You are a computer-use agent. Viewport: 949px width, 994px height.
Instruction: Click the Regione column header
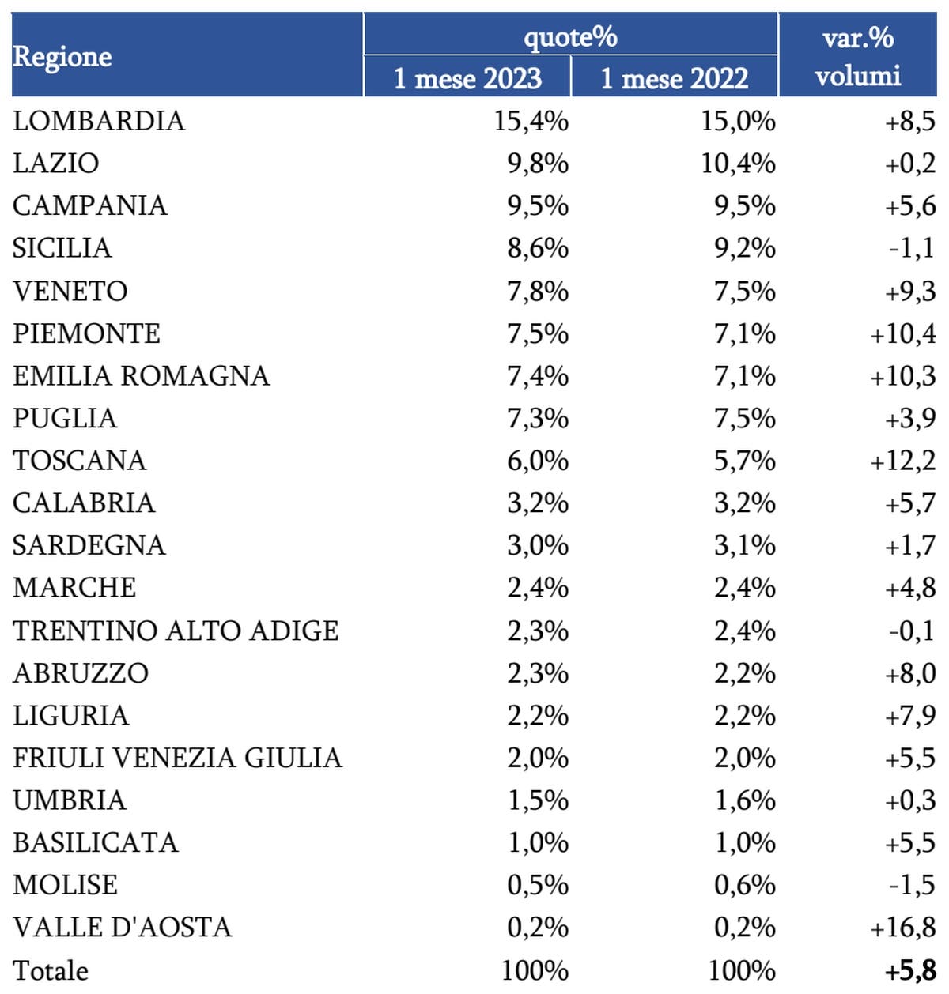[x=62, y=57]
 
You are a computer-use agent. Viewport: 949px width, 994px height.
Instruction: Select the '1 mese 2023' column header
[x=467, y=78]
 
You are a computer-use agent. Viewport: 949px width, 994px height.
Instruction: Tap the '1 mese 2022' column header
[x=675, y=78]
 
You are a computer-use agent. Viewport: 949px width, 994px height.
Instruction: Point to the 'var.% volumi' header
[x=858, y=56]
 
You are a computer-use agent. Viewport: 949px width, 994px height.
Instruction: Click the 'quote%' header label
[x=570, y=36]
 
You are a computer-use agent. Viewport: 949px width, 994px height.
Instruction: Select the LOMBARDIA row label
[x=99, y=121]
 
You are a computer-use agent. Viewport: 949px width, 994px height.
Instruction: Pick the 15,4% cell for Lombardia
[x=531, y=121]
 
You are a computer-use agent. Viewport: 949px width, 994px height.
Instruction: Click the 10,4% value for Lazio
[x=738, y=164]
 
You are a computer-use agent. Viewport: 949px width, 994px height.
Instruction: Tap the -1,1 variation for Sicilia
[x=911, y=248]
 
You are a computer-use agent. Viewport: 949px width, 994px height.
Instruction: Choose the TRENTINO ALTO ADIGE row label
[x=176, y=631]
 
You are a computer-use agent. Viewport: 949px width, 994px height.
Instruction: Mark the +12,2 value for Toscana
[x=902, y=461]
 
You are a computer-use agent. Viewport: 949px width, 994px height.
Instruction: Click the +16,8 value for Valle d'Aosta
[x=902, y=927]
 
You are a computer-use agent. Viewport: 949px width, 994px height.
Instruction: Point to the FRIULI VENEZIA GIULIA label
[x=177, y=758]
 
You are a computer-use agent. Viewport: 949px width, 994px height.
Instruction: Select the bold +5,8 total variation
[x=910, y=970]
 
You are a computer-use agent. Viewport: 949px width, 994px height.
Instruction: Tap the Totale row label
[x=51, y=970]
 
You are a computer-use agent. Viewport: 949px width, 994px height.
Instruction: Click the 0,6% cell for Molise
[x=744, y=885]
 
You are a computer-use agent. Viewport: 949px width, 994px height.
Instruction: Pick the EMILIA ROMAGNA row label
[x=141, y=375]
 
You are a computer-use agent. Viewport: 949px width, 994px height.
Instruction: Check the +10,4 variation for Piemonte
[x=902, y=333]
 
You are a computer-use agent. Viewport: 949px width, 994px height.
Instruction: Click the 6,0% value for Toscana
[x=538, y=461]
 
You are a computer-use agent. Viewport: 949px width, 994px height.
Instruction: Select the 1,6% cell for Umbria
[x=744, y=800]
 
